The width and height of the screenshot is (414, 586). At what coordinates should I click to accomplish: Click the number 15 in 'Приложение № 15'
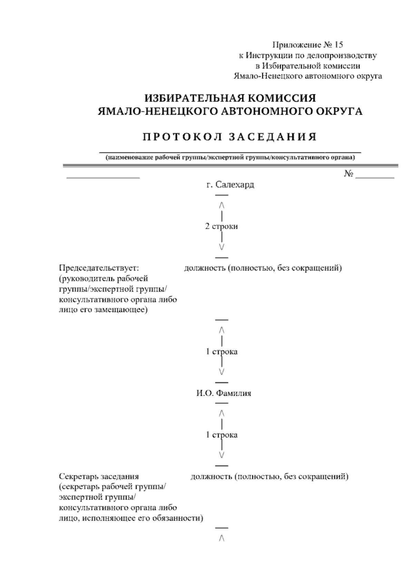pyautogui.click(x=339, y=45)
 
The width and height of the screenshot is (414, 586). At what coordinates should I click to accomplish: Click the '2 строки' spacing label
pyautogui.click(x=221, y=227)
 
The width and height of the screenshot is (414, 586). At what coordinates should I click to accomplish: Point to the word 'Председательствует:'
pyautogui.click(x=99, y=268)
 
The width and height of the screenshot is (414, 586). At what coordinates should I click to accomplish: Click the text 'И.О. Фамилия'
pyautogui.click(x=224, y=393)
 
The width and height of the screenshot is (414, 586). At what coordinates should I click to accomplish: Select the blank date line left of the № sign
pyautogui.click(x=103, y=176)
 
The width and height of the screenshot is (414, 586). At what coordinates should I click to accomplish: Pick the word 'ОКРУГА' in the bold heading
pyautogui.click(x=341, y=111)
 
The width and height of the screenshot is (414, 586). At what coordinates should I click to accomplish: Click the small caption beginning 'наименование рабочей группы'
pyautogui.click(x=230, y=158)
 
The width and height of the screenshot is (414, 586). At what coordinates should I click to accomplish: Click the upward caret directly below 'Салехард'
pyautogui.click(x=221, y=205)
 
